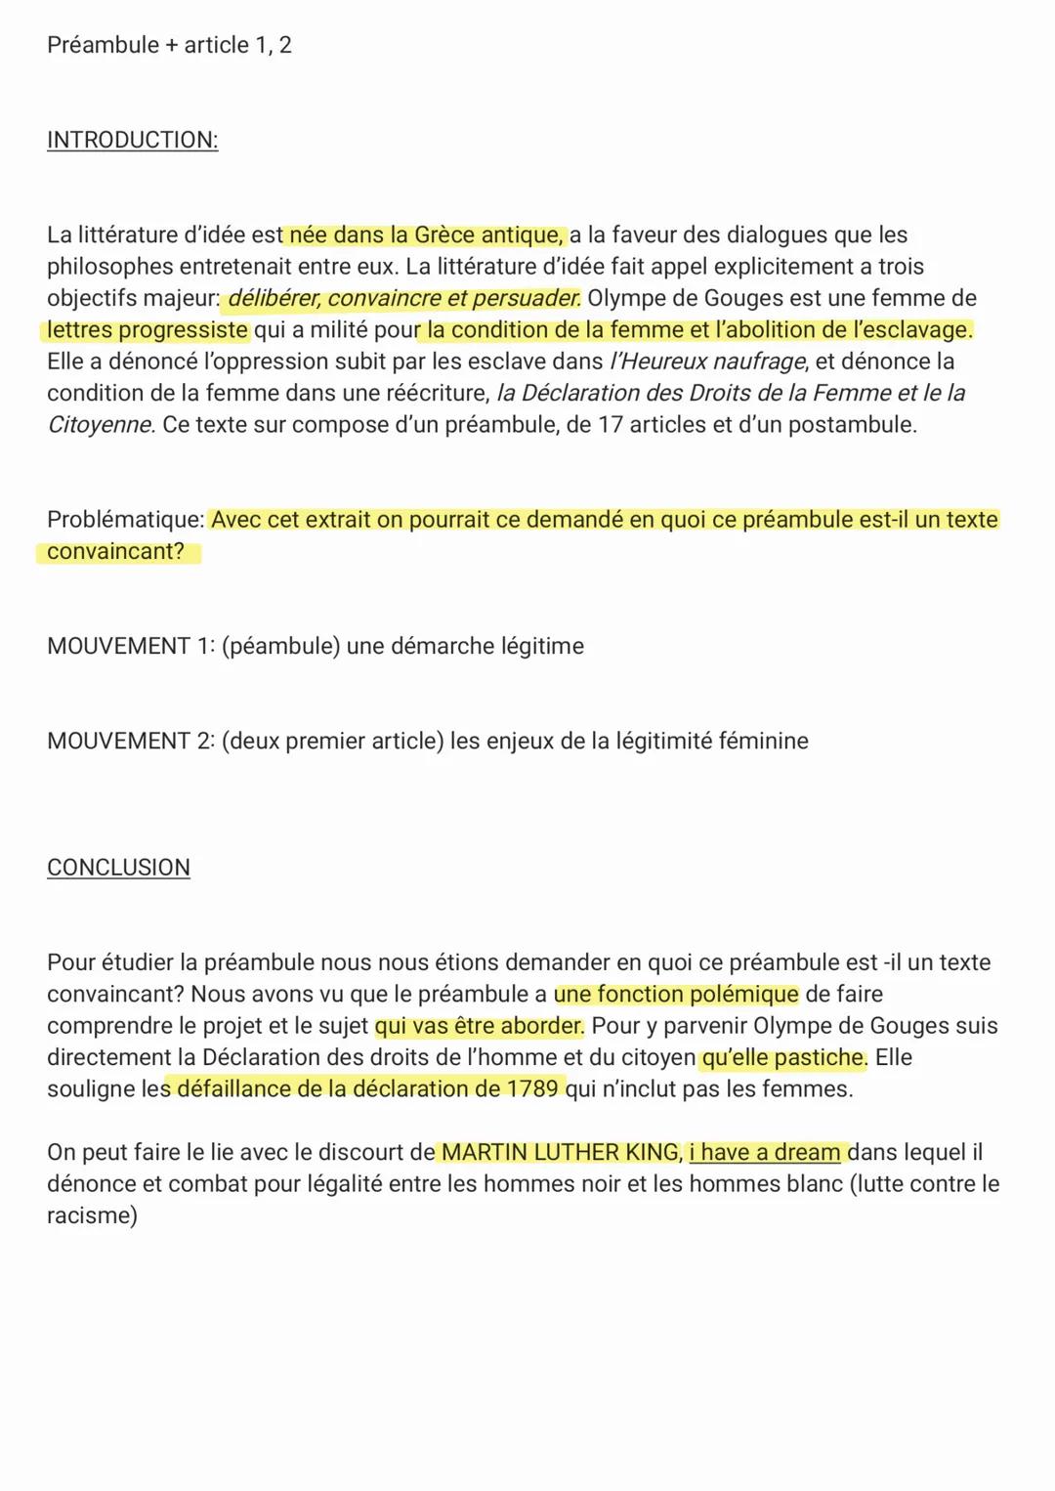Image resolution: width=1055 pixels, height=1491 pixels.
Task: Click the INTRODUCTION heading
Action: tap(132, 140)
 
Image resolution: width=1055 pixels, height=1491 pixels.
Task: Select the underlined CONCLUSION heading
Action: tap(118, 868)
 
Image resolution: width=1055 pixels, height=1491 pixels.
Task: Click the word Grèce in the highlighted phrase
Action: tap(444, 235)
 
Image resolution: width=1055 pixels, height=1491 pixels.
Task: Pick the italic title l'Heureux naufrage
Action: tap(708, 362)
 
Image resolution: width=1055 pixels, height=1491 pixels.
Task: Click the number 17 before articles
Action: tap(611, 425)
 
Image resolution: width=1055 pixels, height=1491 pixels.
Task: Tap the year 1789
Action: tap(533, 1089)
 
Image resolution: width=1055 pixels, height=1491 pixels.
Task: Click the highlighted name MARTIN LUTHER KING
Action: tap(561, 1153)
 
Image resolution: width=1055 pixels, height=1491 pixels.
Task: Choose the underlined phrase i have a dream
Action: tap(764, 1153)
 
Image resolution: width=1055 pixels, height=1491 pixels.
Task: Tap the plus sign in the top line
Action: tap(172, 46)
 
